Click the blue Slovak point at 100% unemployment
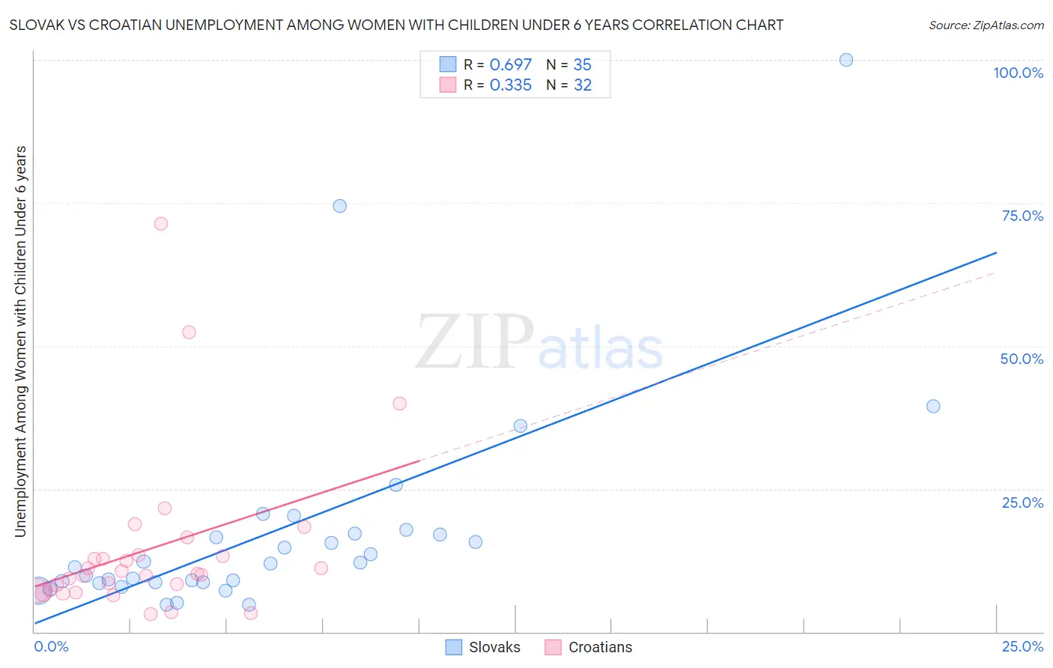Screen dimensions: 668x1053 pos(846,60)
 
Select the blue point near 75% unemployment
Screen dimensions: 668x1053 pos(340,206)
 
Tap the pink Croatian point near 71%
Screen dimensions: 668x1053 pos(161,224)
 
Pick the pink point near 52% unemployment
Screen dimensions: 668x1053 pos(189,333)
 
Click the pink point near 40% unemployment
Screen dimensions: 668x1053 pos(400,404)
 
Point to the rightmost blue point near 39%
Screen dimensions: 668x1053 pos(933,407)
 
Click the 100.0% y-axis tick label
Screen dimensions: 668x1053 pos(1018,73)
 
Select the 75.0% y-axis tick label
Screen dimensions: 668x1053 pos(1022,216)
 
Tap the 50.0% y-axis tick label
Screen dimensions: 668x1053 pos(1022,359)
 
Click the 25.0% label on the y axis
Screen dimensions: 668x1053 pos(1022,502)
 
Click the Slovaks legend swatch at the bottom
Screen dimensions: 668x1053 pos(454,648)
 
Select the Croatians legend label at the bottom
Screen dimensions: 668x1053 pos(600,648)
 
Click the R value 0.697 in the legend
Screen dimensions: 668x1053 pos(510,65)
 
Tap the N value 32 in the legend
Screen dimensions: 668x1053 pos(583,85)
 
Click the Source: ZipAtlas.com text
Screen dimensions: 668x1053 pos(986,25)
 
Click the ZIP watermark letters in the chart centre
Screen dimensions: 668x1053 pos(475,342)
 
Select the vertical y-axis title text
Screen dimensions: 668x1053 pos(21,341)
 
